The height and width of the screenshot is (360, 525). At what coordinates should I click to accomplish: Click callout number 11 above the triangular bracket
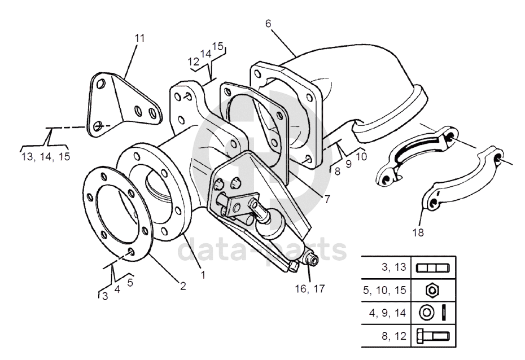(x=139, y=38)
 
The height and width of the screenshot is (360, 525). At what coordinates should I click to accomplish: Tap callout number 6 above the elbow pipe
(x=268, y=24)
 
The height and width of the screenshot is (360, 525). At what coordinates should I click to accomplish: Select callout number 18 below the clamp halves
(x=418, y=232)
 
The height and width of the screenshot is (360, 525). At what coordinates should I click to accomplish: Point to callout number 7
(x=327, y=199)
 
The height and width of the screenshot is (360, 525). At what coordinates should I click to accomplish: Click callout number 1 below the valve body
(x=203, y=275)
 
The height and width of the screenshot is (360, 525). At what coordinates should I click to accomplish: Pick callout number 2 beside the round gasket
(x=183, y=286)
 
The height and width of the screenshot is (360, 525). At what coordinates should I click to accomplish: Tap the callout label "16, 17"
(x=310, y=288)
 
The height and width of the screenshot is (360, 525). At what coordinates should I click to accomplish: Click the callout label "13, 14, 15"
(x=46, y=156)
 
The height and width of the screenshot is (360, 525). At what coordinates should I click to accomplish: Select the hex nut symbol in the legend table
(x=432, y=290)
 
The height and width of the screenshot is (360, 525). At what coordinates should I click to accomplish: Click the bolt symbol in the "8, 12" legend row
(x=433, y=336)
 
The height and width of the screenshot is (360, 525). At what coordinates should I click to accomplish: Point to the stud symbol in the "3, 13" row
(x=432, y=268)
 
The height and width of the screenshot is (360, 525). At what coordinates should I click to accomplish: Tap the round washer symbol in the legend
(x=427, y=313)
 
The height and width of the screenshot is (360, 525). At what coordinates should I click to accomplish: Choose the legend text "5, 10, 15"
(x=384, y=290)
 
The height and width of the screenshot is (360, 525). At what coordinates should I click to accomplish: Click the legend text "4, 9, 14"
(x=387, y=313)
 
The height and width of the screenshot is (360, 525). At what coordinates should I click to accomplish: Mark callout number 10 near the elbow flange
(x=361, y=156)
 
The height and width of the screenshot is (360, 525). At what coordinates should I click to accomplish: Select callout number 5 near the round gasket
(x=130, y=282)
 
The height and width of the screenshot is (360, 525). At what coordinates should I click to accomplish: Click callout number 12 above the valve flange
(x=194, y=62)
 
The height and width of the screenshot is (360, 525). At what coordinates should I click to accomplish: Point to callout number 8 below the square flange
(x=337, y=171)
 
